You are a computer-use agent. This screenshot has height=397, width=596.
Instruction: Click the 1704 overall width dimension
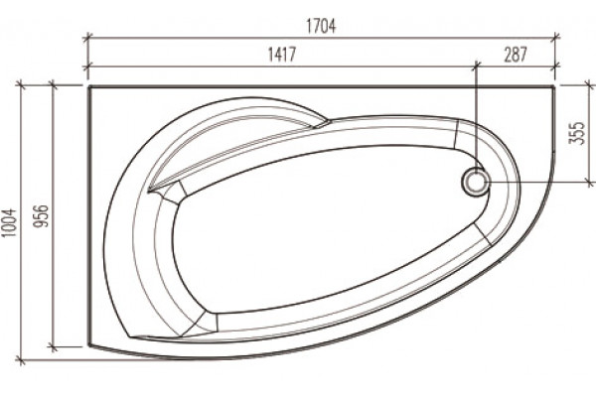[x=321, y=26]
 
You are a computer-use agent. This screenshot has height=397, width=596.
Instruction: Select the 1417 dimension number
[x=282, y=55]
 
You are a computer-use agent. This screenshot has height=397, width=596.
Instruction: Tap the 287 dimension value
[x=516, y=55]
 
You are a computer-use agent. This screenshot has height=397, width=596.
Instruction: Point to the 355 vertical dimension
[x=577, y=133]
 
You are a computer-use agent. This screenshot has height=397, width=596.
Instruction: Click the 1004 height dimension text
[x=8, y=223]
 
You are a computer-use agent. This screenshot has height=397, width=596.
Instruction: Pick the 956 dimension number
[x=41, y=216]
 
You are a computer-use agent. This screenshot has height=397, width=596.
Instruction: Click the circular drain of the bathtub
[x=475, y=182]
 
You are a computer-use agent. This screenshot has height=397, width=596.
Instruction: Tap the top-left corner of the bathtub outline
[x=89, y=87]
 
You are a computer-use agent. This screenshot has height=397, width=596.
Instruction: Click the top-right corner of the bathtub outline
[x=555, y=87]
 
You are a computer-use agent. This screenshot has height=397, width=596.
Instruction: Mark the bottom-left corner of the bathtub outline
[x=89, y=346]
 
